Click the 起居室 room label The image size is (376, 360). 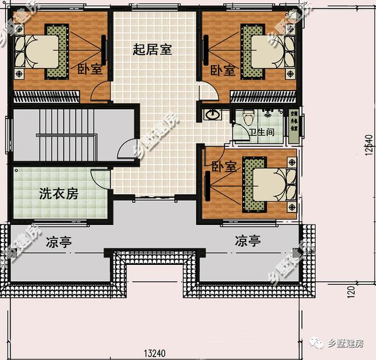click(x=152, y=49)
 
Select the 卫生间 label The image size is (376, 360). click(x=261, y=133)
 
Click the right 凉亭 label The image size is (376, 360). click(x=248, y=241)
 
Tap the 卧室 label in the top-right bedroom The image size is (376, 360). click(x=223, y=70)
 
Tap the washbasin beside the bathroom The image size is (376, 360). click(x=212, y=115)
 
